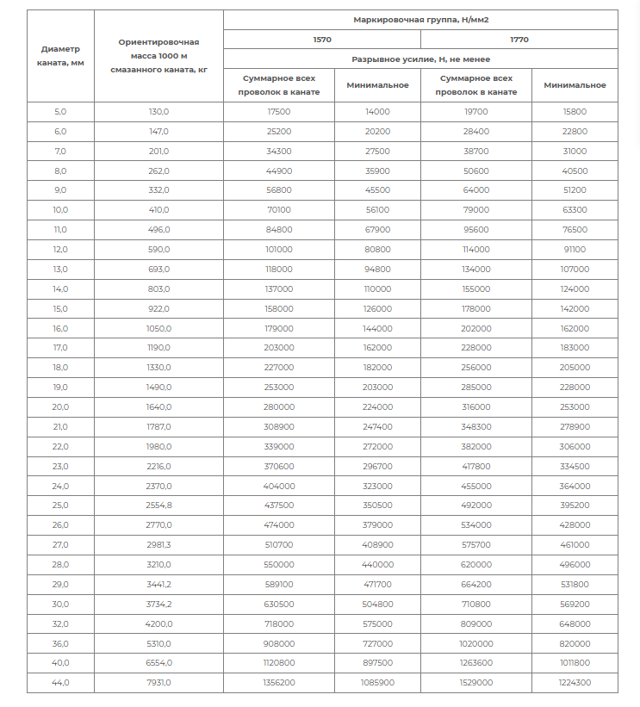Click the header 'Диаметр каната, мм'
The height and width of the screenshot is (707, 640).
pyautogui.click(x=60, y=56)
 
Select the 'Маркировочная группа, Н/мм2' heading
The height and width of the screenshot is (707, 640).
pyautogui.click(x=420, y=19)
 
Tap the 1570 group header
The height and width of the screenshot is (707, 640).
pyautogui.click(x=321, y=40)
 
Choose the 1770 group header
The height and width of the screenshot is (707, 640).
pyautogui.click(x=519, y=40)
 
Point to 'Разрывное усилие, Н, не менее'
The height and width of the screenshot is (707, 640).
pyautogui.click(x=420, y=59)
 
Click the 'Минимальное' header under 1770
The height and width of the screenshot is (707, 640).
pyautogui.click(x=575, y=85)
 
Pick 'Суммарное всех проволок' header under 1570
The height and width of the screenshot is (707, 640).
pyautogui.click(x=279, y=85)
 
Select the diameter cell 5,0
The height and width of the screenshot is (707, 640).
pyautogui.click(x=60, y=112)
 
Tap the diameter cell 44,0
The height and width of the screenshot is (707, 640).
pyautogui.click(x=60, y=682)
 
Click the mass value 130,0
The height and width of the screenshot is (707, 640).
pyautogui.click(x=158, y=112)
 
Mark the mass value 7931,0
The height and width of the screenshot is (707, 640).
pyautogui.click(x=158, y=682)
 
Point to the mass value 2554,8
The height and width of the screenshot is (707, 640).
pyautogui.click(x=158, y=505)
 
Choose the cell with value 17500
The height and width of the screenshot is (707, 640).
pyautogui.click(x=279, y=112)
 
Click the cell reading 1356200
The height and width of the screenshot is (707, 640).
pyautogui.click(x=279, y=682)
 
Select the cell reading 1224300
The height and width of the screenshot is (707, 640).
pyautogui.click(x=575, y=682)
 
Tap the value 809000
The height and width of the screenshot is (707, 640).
pyautogui.click(x=476, y=623)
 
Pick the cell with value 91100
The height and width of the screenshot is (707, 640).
pyautogui.click(x=575, y=250)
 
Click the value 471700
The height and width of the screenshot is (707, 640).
pyautogui.click(x=377, y=584)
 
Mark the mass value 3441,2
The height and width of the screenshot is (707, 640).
pyautogui.click(x=158, y=584)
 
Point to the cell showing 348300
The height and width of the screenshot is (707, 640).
pyautogui.click(x=476, y=426)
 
